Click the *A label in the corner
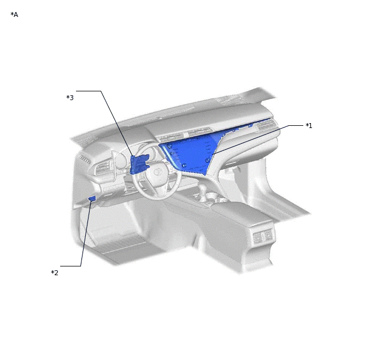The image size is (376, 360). point(14,15)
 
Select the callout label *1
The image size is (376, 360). point(309,125)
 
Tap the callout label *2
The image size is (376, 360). point(55,272)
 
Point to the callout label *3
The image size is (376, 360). point(70,97)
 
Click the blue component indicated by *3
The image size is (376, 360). point(139,164)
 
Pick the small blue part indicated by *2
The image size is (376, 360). point(92,198)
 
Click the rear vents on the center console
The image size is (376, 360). point(263,235)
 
